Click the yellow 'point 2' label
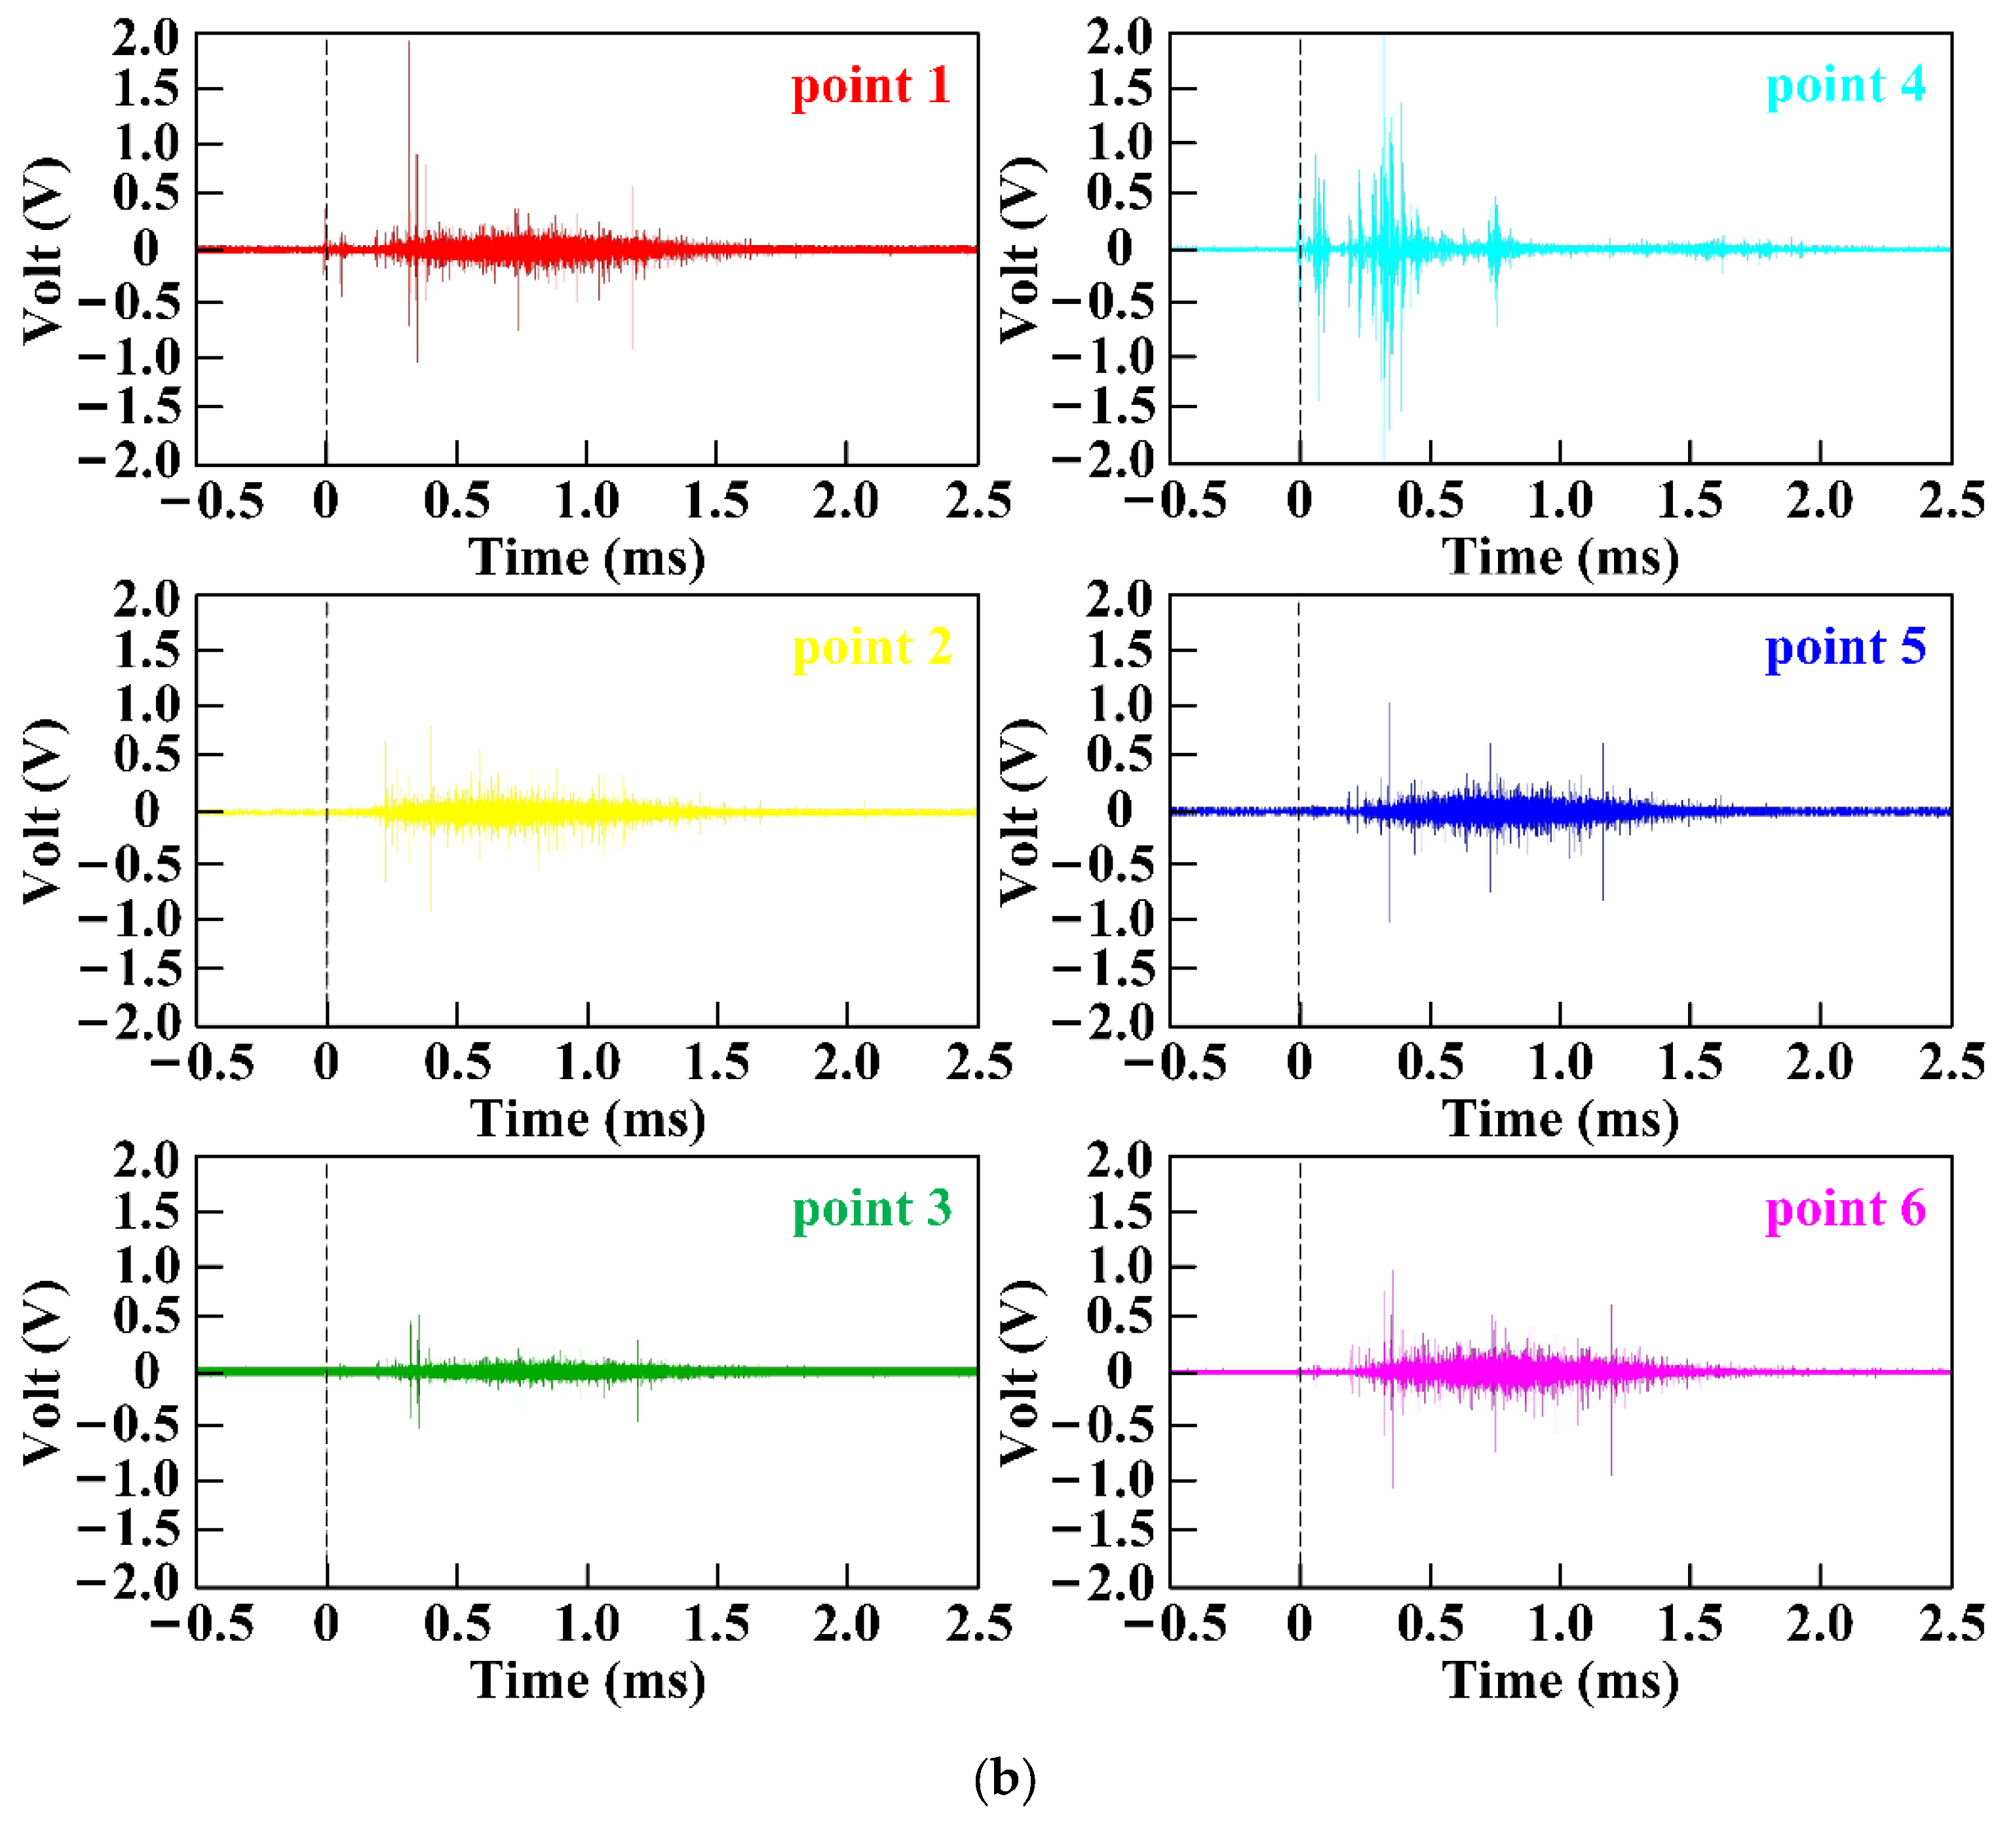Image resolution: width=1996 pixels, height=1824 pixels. coord(872,648)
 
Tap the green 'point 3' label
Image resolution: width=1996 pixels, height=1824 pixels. coord(872,1209)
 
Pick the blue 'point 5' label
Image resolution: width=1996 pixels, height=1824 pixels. coord(1845,648)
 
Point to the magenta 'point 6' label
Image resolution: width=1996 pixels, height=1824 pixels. coord(1845,1209)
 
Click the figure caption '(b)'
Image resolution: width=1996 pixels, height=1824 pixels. coord(1004,1779)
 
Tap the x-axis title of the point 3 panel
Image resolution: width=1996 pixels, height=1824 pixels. coord(588,1681)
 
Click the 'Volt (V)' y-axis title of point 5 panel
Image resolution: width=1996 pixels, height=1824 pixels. coord(1022,812)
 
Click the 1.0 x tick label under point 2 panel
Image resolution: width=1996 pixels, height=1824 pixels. coord(587,1063)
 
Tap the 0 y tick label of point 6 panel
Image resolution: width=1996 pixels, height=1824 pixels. coord(1120,1371)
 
